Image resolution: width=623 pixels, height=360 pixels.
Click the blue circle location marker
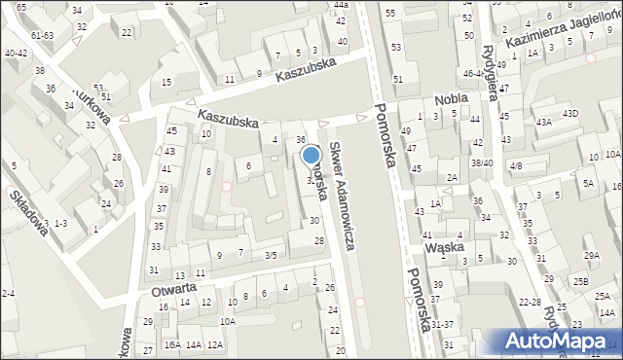coord(311,154)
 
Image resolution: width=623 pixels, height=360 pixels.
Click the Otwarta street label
coord(175,288)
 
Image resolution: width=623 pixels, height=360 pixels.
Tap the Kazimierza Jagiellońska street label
coord(562,26)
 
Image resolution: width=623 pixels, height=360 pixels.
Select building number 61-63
coord(42,35)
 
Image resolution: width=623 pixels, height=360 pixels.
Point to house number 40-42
coord(16,54)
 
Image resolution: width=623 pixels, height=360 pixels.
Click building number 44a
coord(340,6)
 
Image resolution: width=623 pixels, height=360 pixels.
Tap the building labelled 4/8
coord(516,166)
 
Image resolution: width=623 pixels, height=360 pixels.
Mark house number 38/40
coord(482,162)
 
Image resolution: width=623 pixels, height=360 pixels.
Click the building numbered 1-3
coord(60,223)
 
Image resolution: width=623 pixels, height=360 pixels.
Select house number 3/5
coord(272,255)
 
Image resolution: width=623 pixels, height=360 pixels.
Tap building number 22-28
coord(530,303)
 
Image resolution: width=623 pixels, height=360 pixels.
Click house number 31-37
coord(442,324)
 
